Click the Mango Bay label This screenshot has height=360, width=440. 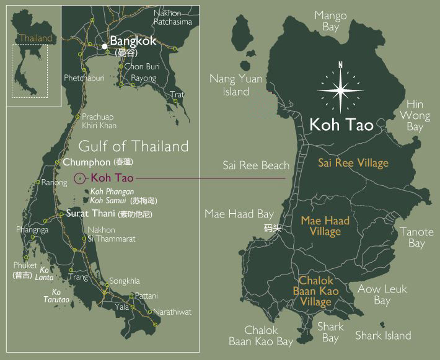pos(330,21)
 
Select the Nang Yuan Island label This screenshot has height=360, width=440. pos(235,85)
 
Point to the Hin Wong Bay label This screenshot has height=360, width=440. pos(415,115)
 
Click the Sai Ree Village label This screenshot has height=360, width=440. pos(353,163)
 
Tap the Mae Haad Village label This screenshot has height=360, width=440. pos(325,226)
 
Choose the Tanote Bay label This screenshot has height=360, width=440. pos(416,237)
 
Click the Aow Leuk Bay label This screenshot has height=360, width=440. pos(382,294)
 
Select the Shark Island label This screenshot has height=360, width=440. pos(383,335)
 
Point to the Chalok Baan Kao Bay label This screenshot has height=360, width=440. pos(261,336)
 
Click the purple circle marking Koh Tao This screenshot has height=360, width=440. pos(79,179)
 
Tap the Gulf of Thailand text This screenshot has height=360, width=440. pos(133,147)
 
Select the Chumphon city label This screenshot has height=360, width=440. pos(84,162)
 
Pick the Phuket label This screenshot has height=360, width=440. pos(25,265)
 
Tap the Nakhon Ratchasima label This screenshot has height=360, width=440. pos(174,17)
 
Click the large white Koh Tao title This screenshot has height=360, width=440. pos(341,125)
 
